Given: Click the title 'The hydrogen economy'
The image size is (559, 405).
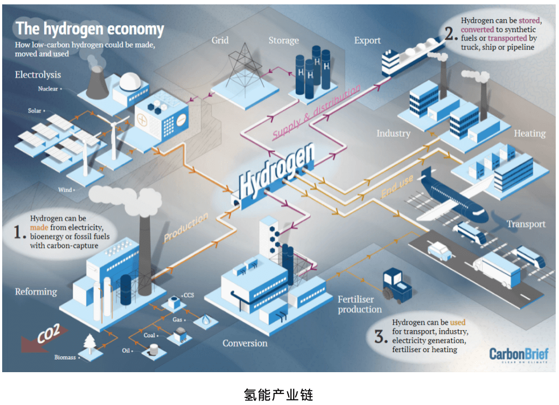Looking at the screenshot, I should pos(90,29).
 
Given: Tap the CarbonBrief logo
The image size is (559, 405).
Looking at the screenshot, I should pos(519,354).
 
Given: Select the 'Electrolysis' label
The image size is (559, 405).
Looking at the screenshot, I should pos(38,74).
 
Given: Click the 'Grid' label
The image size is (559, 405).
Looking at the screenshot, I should pos(220,40).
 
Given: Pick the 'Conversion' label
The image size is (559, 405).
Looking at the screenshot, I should pos(245,343).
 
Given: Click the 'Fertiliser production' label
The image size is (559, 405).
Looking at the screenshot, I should pos(359,304).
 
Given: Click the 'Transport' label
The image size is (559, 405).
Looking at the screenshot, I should pos(526,224).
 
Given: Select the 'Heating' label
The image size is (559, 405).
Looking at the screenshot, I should pos(529,133).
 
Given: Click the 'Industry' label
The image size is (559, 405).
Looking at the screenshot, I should pos(393,133).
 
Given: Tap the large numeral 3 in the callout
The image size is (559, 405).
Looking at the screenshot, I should pos(381,335).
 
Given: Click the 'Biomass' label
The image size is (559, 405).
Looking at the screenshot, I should pos(65,357).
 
